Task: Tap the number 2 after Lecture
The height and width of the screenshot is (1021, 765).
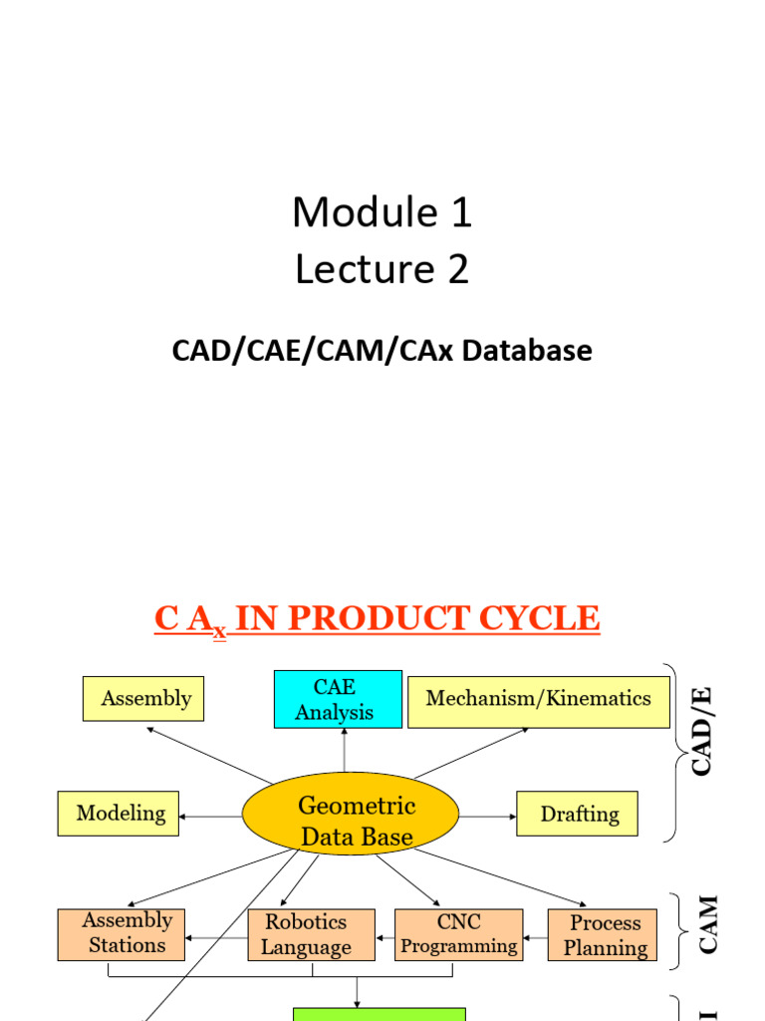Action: (x=457, y=270)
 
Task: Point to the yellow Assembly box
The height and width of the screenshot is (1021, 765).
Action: (x=143, y=699)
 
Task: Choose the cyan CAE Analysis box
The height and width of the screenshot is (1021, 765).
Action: (x=338, y=699)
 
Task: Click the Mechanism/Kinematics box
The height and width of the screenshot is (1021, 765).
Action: (x=538, y=699)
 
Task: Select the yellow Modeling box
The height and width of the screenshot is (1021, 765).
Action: (x=119, y=814)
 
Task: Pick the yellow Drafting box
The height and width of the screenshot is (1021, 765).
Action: (x=577, y=814)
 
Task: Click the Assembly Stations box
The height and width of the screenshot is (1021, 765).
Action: (x=121, y=934)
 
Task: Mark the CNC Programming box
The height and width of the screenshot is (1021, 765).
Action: (x=458, y=935)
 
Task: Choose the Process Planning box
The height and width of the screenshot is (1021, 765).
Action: (x=603, y=935)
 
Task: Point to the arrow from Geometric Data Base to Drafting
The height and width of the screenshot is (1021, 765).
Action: (x=488, y=817)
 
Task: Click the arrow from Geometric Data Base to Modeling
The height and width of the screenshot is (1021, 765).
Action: (x=210, y=817)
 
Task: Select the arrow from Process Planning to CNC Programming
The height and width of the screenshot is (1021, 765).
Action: (x=535, y=937)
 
